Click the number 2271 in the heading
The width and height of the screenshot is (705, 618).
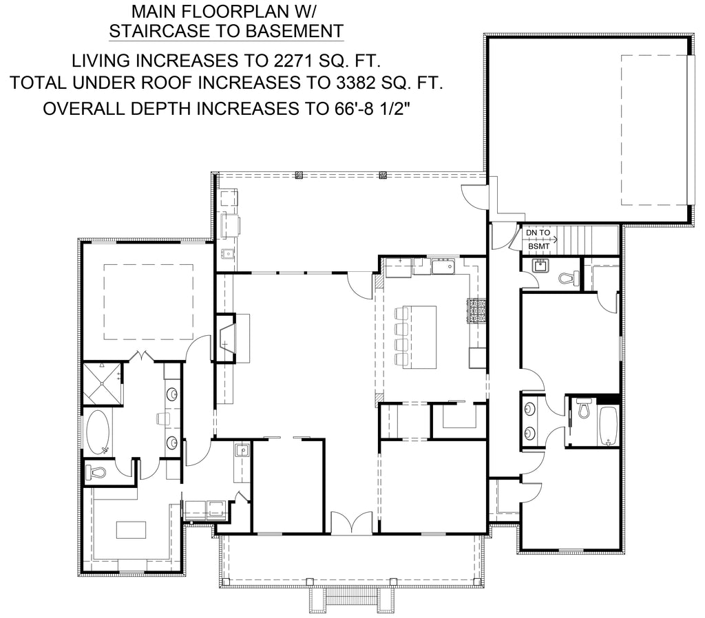pos(292,61)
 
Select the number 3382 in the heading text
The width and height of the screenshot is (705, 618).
pos(355,83)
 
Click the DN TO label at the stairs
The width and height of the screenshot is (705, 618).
pos(538,233)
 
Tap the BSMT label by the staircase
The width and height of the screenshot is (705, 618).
pos(538,246)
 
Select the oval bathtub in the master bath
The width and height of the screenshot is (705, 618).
pos(98,431)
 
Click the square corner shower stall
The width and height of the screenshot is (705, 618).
pos(102,383)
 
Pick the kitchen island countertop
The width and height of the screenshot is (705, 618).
pos(419,337)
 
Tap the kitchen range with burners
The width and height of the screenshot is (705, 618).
pos(477,311)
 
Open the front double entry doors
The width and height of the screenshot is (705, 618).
pos(352,523)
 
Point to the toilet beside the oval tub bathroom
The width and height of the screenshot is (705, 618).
pos(95,472)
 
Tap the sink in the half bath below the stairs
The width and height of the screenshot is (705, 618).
pos(540,266)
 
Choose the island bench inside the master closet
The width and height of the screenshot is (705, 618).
pos(131,529)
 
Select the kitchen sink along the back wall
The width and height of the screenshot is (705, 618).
pos(443,267)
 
